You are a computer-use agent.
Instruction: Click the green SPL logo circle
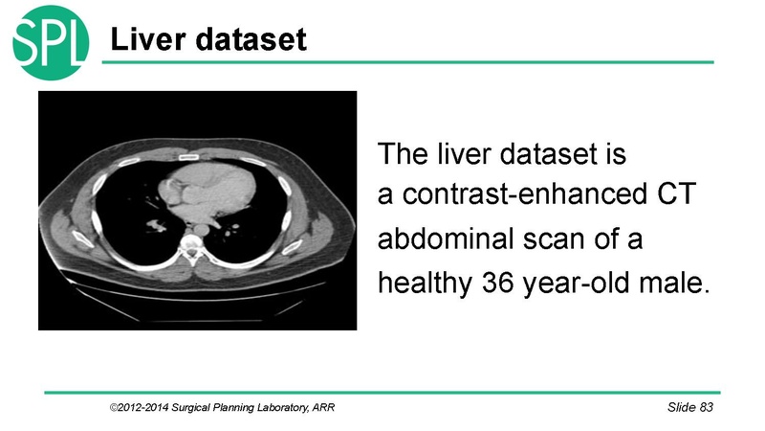[x=51, y=42]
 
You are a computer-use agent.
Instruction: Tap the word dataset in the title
[x=251, y=39]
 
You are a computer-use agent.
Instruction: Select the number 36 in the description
[x=498, y=283]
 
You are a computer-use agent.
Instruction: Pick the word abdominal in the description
[x=446, y=238]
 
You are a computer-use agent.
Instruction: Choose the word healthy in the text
[x=425, y=284]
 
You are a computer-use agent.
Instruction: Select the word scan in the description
[x=554, y=239]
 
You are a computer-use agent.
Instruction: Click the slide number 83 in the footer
[x=706, y=407]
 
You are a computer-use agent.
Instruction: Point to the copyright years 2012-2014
[x=140, y=407]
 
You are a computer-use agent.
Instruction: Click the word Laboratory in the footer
[x=282, y=408]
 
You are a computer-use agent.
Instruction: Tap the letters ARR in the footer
[x=323, y=407]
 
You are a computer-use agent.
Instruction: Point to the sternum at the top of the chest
[x=188, y=157]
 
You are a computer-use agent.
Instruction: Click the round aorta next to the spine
[x=201, y=229]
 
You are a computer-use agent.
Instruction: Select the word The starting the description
[x=402, y=153]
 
